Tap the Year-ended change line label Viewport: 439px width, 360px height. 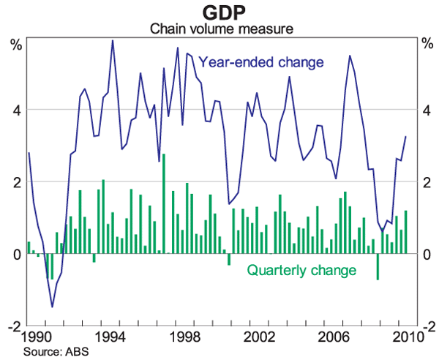click(261, 62)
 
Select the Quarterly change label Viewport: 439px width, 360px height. click(301, 271)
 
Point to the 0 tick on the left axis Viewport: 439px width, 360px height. click(16, 254)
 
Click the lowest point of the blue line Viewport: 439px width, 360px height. click(52, 307)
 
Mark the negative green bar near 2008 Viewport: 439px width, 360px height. click(378, 266)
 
